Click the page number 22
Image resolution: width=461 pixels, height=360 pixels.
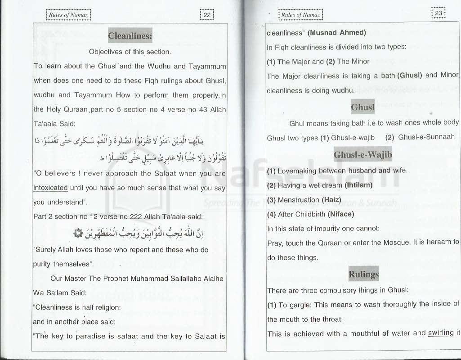207,15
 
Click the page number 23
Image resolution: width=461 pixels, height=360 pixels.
438,13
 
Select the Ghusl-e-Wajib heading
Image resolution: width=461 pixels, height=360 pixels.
363,155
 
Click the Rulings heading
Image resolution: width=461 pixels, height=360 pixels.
363,274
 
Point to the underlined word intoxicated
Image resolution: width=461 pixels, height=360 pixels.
50,188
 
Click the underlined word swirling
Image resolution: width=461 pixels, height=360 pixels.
441,333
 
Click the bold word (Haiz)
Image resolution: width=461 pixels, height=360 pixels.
333,199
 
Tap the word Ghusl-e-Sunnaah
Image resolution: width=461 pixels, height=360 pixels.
426,137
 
